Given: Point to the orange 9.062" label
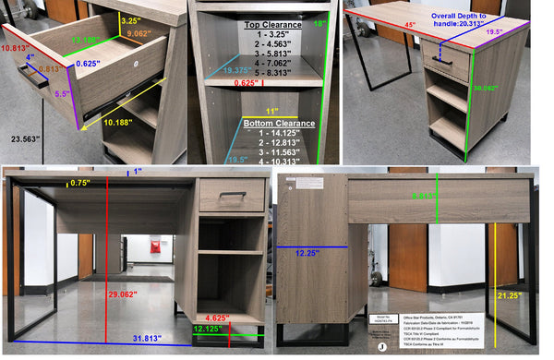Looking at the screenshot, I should point(139,34).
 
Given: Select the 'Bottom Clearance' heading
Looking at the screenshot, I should point(278,123).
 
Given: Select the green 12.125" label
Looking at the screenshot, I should point(208,329).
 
